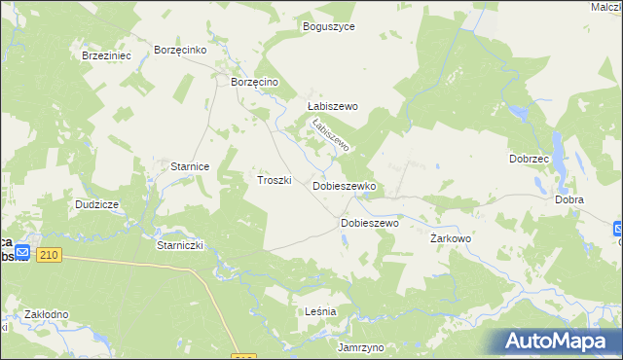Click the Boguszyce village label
[329, 27]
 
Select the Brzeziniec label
[106, 56]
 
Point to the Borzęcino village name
[255, 84]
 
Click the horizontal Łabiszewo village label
[333, 107]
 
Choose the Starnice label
[191, 167]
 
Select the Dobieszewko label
[344, 185]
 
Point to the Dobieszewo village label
[370, 223]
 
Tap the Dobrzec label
[530, 159]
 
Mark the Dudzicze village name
[96, 205]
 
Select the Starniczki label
[179, 246]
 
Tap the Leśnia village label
[320, 311]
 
